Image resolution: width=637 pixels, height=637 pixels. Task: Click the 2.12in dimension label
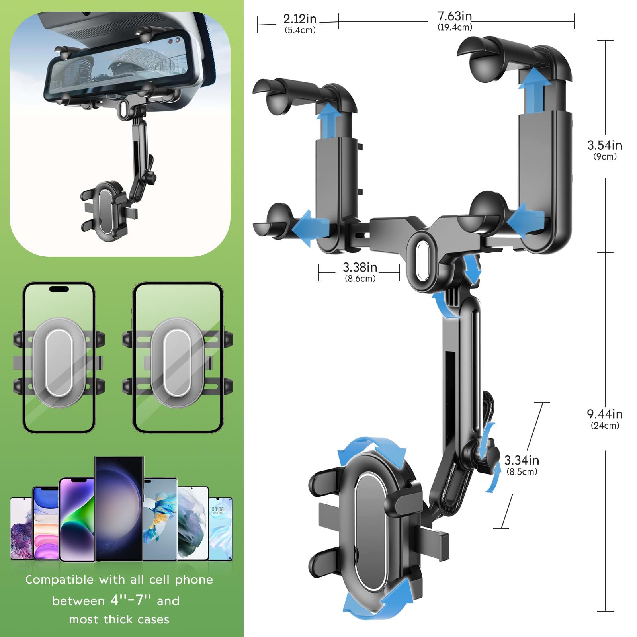pos(300,19)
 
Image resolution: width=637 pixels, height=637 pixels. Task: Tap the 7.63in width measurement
pos(455,16)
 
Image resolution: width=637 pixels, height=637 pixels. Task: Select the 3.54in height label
pos(604,145)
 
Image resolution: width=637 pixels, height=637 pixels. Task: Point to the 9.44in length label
pos(604,414)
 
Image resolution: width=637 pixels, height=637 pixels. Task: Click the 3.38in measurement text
pos(360,267)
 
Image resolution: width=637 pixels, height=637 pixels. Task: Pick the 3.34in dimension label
pos(522,461)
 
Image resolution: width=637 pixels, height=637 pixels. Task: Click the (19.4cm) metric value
pos(455,27)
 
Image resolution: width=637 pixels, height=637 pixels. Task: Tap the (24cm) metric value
pos(605,426)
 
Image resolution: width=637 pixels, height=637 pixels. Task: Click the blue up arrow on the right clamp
pos(534,90)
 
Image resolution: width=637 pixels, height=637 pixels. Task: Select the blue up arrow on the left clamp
pos(328,115)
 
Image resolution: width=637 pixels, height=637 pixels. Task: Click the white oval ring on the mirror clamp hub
pos(422,261)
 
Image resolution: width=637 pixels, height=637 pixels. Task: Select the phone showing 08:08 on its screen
pos(220,528)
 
